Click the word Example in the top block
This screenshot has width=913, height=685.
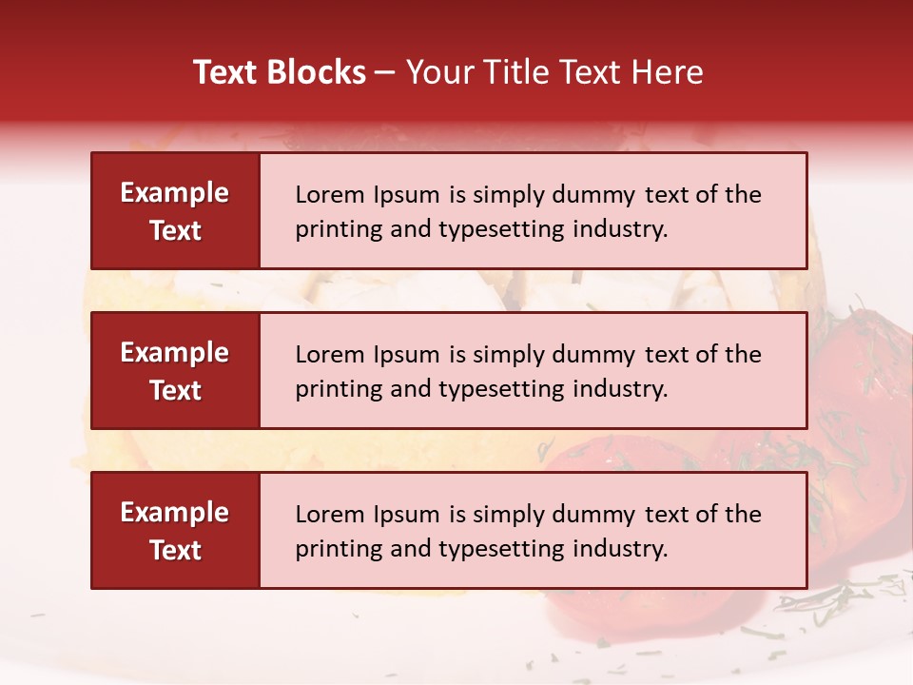click(175, 193)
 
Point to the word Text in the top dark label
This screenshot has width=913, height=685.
click(175, 230)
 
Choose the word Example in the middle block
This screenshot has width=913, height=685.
click(175, 353)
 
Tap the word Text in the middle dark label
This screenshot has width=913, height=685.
click(175, 390)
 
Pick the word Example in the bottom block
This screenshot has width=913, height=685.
click(175, 513)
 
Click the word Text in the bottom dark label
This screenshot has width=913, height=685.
click(175, 550)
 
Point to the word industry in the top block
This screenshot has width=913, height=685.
click(623, 229)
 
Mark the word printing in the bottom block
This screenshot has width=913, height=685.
click(333, 549)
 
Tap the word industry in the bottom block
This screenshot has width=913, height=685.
click(623, 549)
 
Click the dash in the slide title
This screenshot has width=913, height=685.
click(385, 72)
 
